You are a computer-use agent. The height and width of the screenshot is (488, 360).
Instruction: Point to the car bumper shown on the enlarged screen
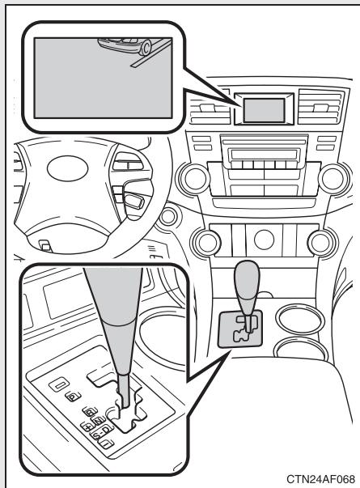coord(142,45)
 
